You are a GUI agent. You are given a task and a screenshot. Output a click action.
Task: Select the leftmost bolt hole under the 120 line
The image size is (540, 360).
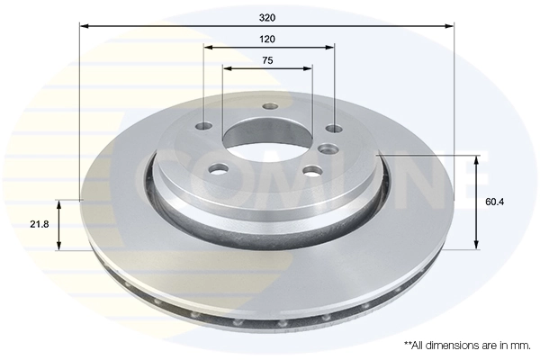[x=206, y=126]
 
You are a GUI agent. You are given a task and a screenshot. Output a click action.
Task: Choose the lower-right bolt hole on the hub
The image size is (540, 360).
[x=310, y=170]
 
